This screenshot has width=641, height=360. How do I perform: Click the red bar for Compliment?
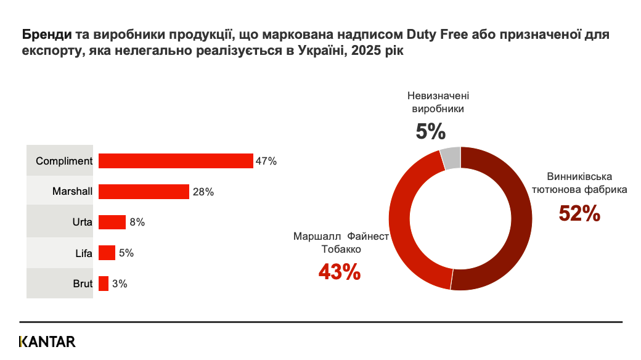pyautogui.click(x=176, y=161)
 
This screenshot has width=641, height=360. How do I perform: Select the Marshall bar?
pyautogui.click(x=144, y=192)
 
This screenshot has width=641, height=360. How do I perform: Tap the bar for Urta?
pyautogui.click(x=112, y=222)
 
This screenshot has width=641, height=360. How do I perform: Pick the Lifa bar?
pyautogui.click(x=107, y=253)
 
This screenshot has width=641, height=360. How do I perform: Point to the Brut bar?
pyautogui.click(x=104, y=284)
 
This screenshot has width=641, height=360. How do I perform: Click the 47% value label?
pyautogui.click(x=267, y=162)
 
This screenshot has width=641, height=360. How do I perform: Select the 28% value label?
pyautogui.click(x=203, y=192)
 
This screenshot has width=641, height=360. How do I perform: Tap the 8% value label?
pyautogui.click(x=137, y=223)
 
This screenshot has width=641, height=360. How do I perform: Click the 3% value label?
pyautogui.click(x=120, y=284)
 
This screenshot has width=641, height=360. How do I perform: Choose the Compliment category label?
pyautogui.click(x=64, y=162)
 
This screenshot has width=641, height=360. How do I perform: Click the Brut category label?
pyautogui.click(x=82, y=284)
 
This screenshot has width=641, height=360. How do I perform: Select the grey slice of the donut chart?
pyautogui.click(x=451, y=158)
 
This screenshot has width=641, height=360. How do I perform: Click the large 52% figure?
pyautogui.click(x=579, y=213)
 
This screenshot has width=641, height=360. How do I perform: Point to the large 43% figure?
pyautogui.click(x=339, y=272)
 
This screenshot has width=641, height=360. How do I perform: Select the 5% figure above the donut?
pyautogui.click(x=430, y=131)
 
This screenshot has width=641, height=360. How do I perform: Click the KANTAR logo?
pyautogui.click(x=47, y=342)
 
